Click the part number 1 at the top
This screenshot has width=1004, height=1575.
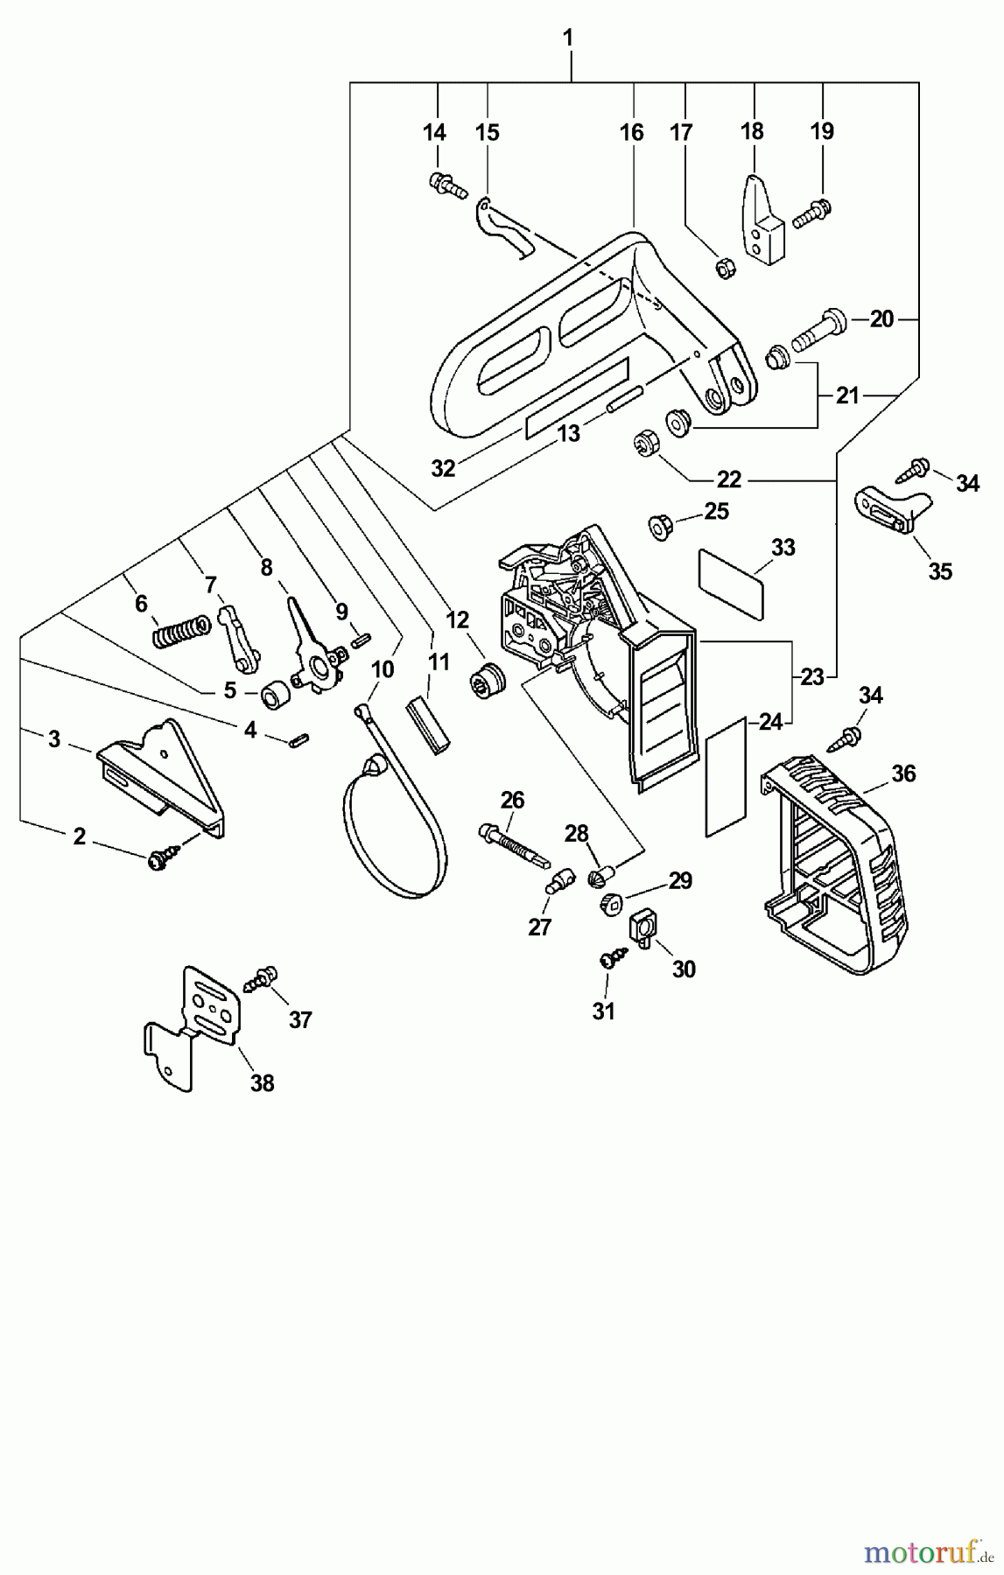click(x=569, y=38)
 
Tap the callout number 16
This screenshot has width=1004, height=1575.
click(x=631, y=133)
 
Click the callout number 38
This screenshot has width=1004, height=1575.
click(x=262, y=1083)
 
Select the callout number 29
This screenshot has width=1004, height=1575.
click(x=680, y=880)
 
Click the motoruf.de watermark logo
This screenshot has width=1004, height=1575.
click(x=929, y=1552)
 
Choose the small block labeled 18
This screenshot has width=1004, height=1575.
click(x=759, y=219)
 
